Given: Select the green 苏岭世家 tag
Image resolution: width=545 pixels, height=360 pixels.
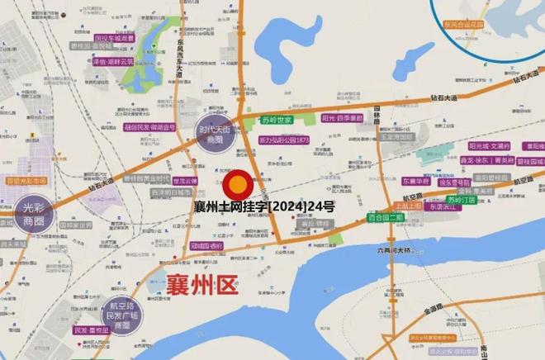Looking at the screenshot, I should (x=277, y=121).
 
